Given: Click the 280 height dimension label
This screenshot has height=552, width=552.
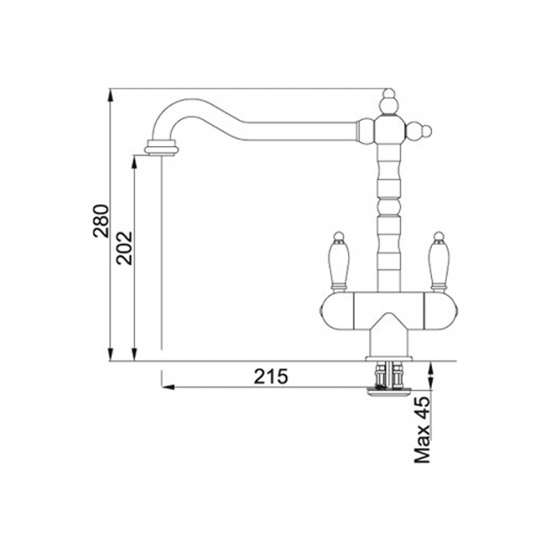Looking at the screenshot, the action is [101, 221].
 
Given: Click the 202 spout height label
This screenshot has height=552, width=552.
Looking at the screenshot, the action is [125, 248].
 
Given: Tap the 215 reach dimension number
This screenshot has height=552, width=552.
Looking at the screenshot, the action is [271, 377].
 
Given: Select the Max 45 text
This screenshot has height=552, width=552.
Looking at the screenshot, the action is [423, 430].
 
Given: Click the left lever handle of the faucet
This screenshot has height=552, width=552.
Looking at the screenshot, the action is [339, 261].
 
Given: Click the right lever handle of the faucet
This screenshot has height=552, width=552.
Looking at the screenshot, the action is [438, 261].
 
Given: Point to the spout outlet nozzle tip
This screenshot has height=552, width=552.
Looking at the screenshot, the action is [162, 147].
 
